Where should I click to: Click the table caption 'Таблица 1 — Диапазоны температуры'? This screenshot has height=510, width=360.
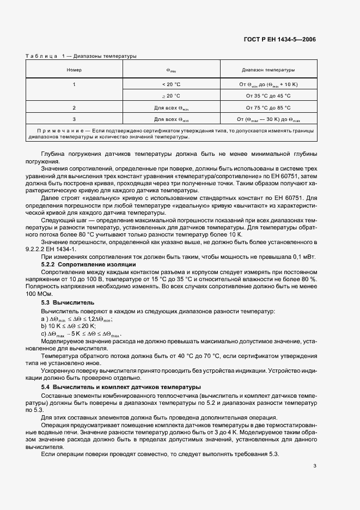coord(82,56)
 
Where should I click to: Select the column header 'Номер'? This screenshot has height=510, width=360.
coord(74,70)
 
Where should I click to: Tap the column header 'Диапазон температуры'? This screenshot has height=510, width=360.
coord(268,70)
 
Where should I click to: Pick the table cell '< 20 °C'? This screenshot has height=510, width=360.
coord(171,84)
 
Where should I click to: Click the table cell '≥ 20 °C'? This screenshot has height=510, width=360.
coord(171,95)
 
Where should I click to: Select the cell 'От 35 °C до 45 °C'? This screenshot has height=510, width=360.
coord(268,95)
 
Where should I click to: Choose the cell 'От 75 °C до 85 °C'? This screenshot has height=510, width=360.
coord(268,108)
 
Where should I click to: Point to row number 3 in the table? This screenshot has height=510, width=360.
coord(74,119)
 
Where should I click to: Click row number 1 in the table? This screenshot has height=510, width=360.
coord(74,84)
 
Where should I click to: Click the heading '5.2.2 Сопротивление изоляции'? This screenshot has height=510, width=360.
coord(83,264)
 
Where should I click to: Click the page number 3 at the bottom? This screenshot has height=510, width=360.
coord(315,465)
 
